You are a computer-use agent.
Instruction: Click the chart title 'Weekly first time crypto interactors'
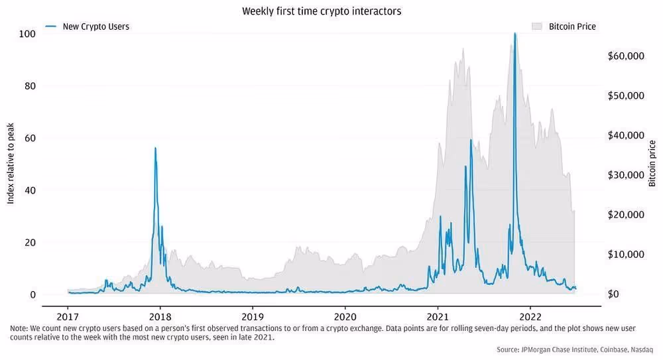pyautogui.click(x=322, y=11)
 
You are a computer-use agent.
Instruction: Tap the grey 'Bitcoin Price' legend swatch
pyautogui.click(x=538, y=27)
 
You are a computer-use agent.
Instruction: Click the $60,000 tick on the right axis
pyautogui.click(x=625, y=56)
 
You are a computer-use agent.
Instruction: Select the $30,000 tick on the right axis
pyautogui.click(x=625, y=175)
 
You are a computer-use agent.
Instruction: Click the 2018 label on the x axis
pyautogui.click(x=160, y=316)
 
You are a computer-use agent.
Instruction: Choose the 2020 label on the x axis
pyautogui.click(x=345, y=316)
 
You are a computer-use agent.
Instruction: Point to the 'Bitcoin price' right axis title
pyautogui.click(x=652, y=164)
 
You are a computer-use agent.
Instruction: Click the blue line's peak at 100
pyautogui.click(x=515, y=33)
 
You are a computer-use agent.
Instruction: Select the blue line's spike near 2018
pyautogui.click(x=155, y=148)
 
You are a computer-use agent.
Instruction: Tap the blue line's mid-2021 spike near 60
pyautogui.click(x=471, y=140)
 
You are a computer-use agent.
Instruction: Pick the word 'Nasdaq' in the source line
pyautogui.click(x=641, y=349)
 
